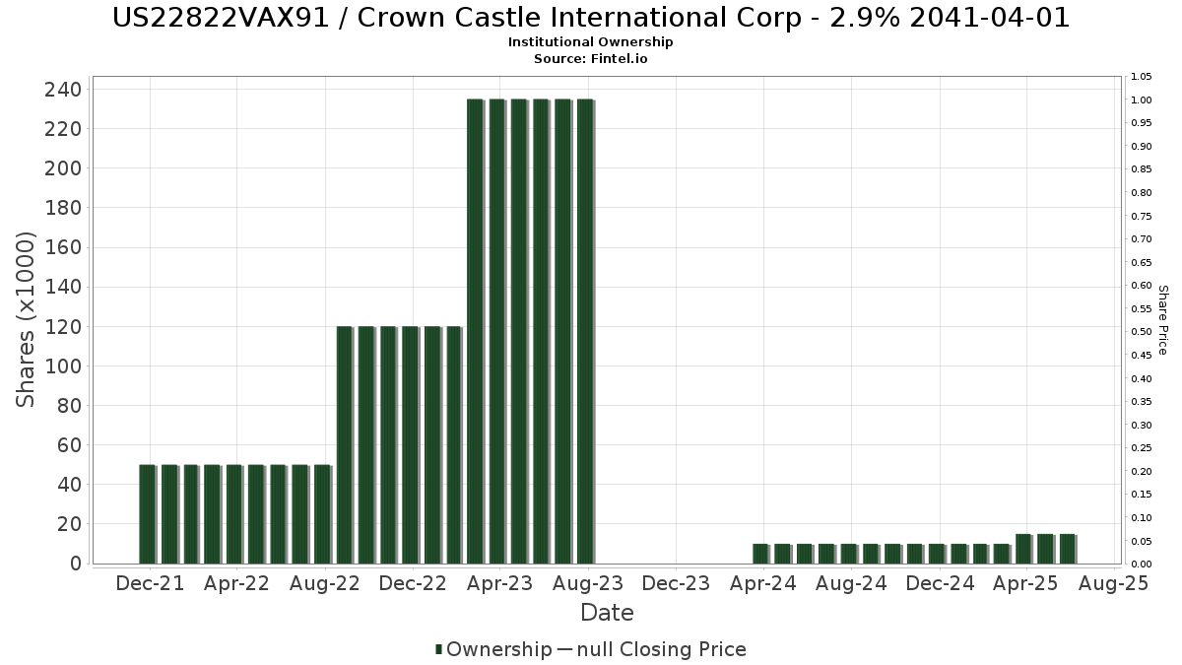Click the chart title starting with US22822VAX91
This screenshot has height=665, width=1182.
[591, 18]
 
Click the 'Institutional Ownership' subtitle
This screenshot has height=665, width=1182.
[591, 42]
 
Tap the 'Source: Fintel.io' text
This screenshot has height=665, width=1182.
[591, 58]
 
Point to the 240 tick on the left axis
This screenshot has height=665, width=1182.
[63, 90]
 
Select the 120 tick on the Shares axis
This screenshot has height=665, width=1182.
[63, 327]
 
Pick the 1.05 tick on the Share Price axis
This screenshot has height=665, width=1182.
[1142, 77]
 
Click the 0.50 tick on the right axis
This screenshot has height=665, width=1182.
[1142, 332]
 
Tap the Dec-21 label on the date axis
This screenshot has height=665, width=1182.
[150, 584]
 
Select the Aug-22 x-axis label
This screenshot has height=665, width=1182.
[325, 584]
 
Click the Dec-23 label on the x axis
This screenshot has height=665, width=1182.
[676, 584]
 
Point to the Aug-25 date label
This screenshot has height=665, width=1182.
[1114, 584]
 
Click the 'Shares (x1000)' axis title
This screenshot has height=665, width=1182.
[27, 319]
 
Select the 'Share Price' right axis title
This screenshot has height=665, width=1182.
[1162, 319]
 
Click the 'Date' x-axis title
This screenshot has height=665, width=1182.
[607, 613]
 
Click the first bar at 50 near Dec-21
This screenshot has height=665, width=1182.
[147, 514]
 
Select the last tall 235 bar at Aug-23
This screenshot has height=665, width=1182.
[585, 331]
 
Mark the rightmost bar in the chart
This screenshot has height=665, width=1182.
[1067, 549]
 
